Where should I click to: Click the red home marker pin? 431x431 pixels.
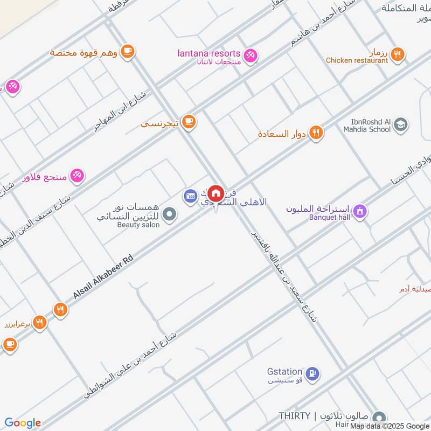pos(216,193)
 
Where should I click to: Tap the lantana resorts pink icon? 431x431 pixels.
pos(251,55)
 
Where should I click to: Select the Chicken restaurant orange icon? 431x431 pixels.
pos(398,54)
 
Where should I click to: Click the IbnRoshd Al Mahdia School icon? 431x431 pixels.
pos(400,125)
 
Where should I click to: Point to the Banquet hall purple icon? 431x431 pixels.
pos(360,211)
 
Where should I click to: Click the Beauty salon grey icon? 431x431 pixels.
pos(170,215)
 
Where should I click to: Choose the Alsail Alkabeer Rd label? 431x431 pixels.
pos(103,278)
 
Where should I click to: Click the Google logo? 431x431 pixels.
pos(23,423)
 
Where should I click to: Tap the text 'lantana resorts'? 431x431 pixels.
pos(208,53)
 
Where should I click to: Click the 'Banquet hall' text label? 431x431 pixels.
pos(329,218)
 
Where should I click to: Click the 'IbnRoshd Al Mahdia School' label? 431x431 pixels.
pos(367,126)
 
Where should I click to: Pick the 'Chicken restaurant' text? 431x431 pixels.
pos(357,61)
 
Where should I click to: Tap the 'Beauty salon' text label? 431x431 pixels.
pos(138,225)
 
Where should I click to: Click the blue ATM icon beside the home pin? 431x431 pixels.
pos(190,196)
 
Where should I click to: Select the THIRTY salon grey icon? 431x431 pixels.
pos(379,418)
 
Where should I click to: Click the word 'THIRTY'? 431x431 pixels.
pos(294,416)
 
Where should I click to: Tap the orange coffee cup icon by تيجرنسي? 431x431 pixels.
pos(188,122)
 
